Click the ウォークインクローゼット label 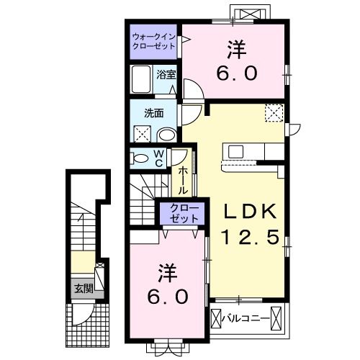[153, 41]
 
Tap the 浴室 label [166, 75]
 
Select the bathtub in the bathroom [141, 79]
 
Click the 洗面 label [154, 113]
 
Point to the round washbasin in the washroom [167, 135]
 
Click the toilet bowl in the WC [140, 158]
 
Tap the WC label [159, 158]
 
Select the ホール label [183, 181]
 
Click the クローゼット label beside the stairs [184, 213]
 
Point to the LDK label [250, 211]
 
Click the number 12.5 [251, 237]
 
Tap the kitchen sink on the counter [236, 152]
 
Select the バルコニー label [246, 319]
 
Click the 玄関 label [84, 288]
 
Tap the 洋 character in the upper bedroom [236, 50]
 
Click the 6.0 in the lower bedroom [167, 297]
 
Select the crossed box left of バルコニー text [215, 319]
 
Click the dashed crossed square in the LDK [274, 113]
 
